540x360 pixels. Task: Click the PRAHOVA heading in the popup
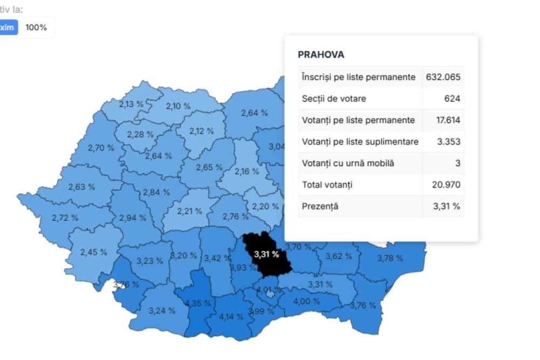[x=321, y=55]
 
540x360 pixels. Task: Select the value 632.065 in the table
[x=443, y=77]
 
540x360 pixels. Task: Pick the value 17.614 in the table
[x=448, y=120]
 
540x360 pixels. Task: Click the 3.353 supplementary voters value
[x=449, y=141]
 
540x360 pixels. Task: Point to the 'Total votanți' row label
[x=327, y=185]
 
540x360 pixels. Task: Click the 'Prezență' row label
[x=320, y=207]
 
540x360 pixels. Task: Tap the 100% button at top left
[x=36, y=27]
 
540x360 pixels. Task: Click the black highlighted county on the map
[x=267, y=254]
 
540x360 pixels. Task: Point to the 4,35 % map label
[x=198, y=303]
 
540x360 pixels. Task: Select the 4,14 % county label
[x=231, y=316]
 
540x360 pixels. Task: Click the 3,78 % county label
[x=389, y=258]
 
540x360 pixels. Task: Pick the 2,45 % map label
[x=93, y=252]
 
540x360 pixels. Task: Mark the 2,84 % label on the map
[x=156, y=192]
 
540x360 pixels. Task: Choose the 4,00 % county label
[x=306, y=301]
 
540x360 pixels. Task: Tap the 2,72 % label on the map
[x=65, y=218]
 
